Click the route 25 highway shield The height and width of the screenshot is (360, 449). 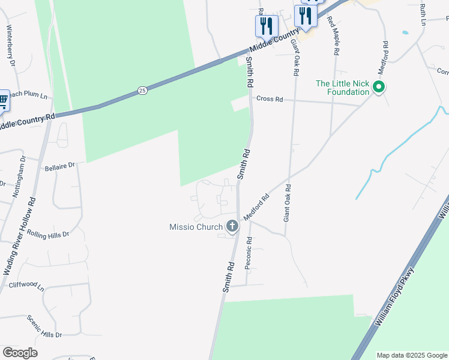(x=142, y=91)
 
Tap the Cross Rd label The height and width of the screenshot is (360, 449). (x=269, y=99)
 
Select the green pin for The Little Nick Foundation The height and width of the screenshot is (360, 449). (x=379, y=88)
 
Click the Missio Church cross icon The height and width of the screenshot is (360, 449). (x=232, y=227)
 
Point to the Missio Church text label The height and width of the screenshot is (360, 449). (x=196, y=227)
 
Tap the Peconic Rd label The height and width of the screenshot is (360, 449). (x=249, y=252)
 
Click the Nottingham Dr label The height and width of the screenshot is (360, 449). (x=19, y=177)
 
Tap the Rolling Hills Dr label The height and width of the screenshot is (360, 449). (x=47, y=233)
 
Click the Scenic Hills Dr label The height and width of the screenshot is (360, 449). (x=44, y=326)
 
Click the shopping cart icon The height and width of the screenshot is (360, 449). (x=3, y=100)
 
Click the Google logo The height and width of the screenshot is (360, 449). (x=20, y=353)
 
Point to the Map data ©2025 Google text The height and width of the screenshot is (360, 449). (x=412, y=355)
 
